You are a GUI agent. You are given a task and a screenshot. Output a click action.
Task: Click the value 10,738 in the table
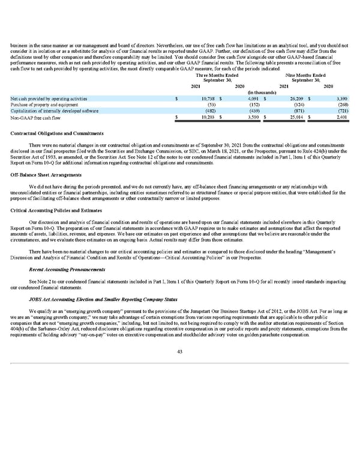pyautogui.click(x=207, y=98)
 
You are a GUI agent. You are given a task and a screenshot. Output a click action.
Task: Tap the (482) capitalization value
pyautogui.click(x=210, y=111)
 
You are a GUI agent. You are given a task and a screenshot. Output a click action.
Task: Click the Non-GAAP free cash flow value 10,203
pyautogui.click(x=207, y=118)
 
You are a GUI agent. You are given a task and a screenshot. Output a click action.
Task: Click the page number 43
pyautogui.click(x=179, y=352)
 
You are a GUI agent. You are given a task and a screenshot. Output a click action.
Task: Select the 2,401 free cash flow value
pyautogui.click(x=342, y=118)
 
